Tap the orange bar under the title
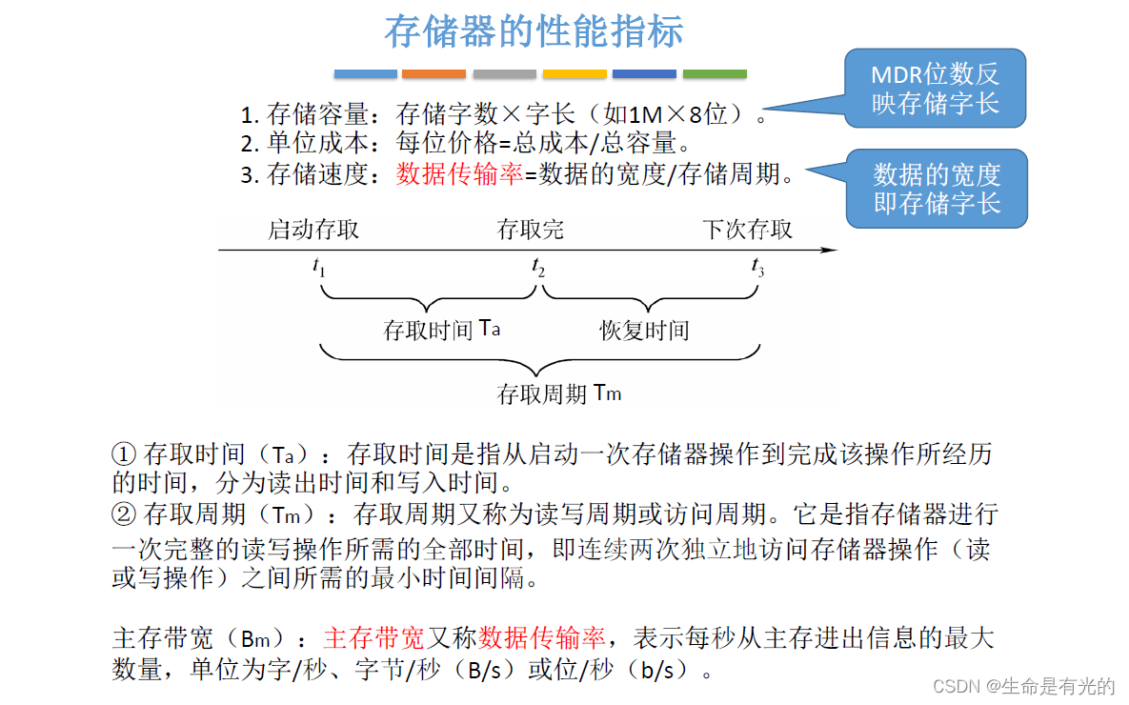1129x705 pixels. (433, 73)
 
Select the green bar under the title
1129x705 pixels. (715, 73)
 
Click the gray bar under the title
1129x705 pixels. (504, 73)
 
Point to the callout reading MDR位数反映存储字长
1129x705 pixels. (935, 89)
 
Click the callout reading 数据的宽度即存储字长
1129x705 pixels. (937, 189)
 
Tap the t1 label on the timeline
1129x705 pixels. (319, 269)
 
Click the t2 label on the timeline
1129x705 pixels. (538, 269)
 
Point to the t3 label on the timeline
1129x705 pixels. (757, 269)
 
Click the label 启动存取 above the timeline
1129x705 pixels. (313, 230)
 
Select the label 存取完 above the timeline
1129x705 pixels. (531, 230)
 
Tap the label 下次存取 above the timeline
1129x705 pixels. (748, 230)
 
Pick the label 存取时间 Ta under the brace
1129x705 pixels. (441, 330)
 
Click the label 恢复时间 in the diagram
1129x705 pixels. (644, 331)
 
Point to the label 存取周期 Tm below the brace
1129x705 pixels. (558, 393)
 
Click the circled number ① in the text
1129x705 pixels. (125, 453)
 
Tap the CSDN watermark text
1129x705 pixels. (1023, 686)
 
